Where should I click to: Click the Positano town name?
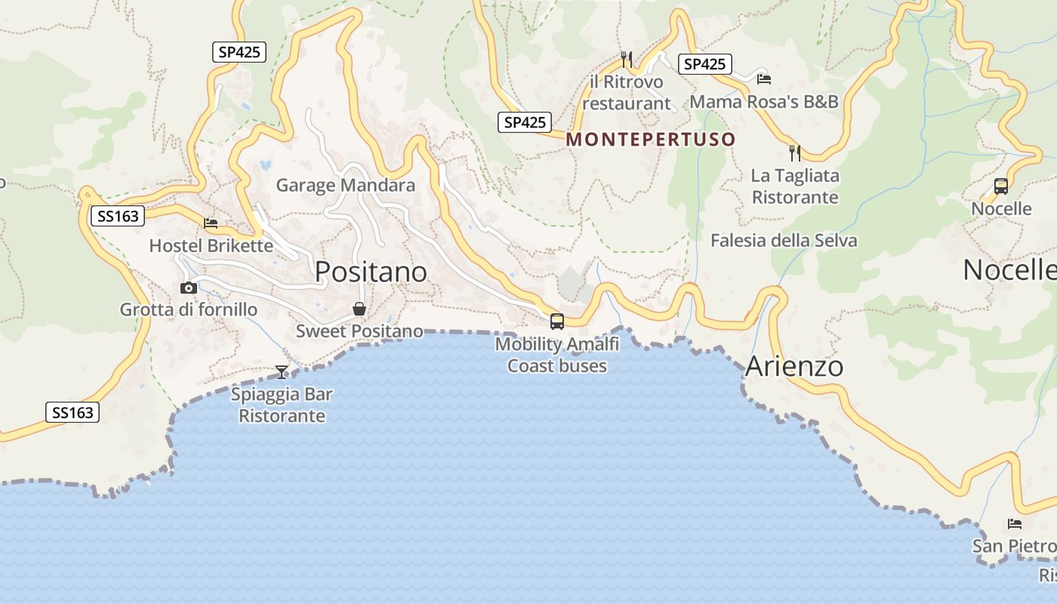pyautogui.click(x=371, y=272)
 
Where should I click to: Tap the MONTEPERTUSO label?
pyautogui.click(x=651, y=140)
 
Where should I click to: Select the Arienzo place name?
pyautogui.click(x=794, y=367)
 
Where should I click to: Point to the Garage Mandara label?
pyautogui.click(x=345, y=185)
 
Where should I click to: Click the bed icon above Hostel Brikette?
pyautogui.click(x=211, y=223)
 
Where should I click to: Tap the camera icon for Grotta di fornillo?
pyautogui.click(x=189, y=288)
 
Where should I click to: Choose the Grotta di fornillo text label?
pyautogui.click(x=189, y=310)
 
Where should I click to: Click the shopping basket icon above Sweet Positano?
pyautogui.click(x=359, y=309)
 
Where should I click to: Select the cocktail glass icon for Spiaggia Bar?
pyautogui.click(x=282, y=371)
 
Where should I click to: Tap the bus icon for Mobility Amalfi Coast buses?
pyautogui.click(x=557, y=322)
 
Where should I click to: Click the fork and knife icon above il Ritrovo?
pyautogui.click(x=626, y=59)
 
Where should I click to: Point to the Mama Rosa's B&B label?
pyautogui.click(x=764, y=101)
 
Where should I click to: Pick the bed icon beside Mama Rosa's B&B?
pyautogui.click(x=764, y=79)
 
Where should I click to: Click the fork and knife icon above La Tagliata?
pyautogui.click(x=795, y=153)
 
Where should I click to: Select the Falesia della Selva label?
pyautogui.click(x=784, y=241)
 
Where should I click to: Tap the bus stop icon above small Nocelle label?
pyautogui.click(x=1001, y=186)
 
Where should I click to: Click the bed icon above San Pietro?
pyautogui.click(x=1015, y=523)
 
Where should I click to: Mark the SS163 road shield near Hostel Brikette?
pyautogui.click(x=119, y=217)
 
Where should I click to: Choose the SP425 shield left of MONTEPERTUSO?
pyautogui.click(x=525, y=122)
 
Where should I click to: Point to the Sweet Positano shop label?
pyautogui.click(x=359, y=331)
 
